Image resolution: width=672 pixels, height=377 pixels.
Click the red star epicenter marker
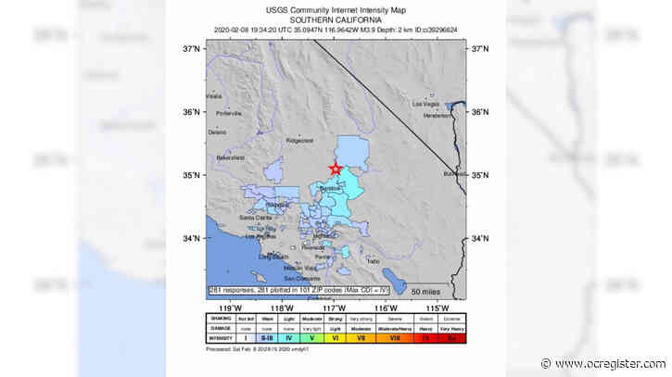[335, 168]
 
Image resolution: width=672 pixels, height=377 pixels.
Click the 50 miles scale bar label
[433, 291]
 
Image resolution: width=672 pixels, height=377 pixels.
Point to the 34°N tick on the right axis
[480, 239]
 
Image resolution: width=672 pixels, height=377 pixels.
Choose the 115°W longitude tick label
[432, 307]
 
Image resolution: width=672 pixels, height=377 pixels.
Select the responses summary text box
[302, 290]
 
